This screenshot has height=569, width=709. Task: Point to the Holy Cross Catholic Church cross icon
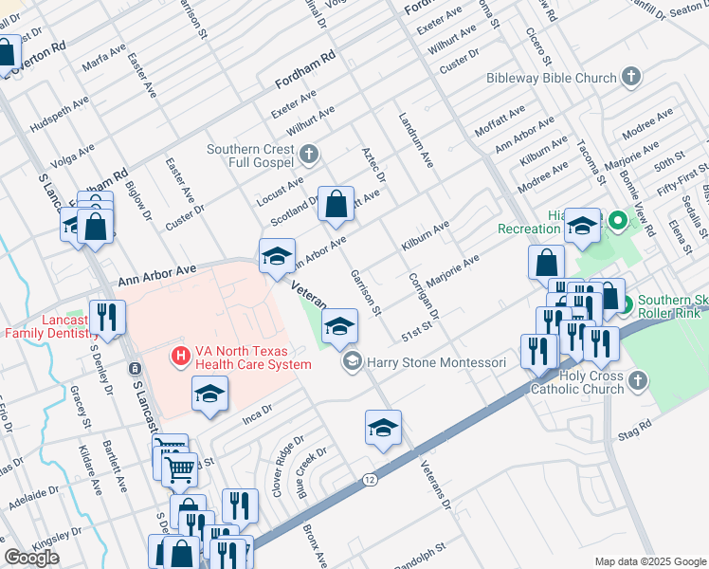(x=638, y=380)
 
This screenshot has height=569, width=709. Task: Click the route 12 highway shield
(x=369, y=481)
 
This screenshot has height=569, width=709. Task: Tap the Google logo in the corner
(x=31, y=558)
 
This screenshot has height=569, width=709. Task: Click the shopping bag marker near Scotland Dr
(x=336, y=204)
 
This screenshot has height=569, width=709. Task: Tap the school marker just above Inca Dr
(x=209, y=394)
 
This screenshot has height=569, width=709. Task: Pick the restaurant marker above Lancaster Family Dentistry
(x=107, y=317)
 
